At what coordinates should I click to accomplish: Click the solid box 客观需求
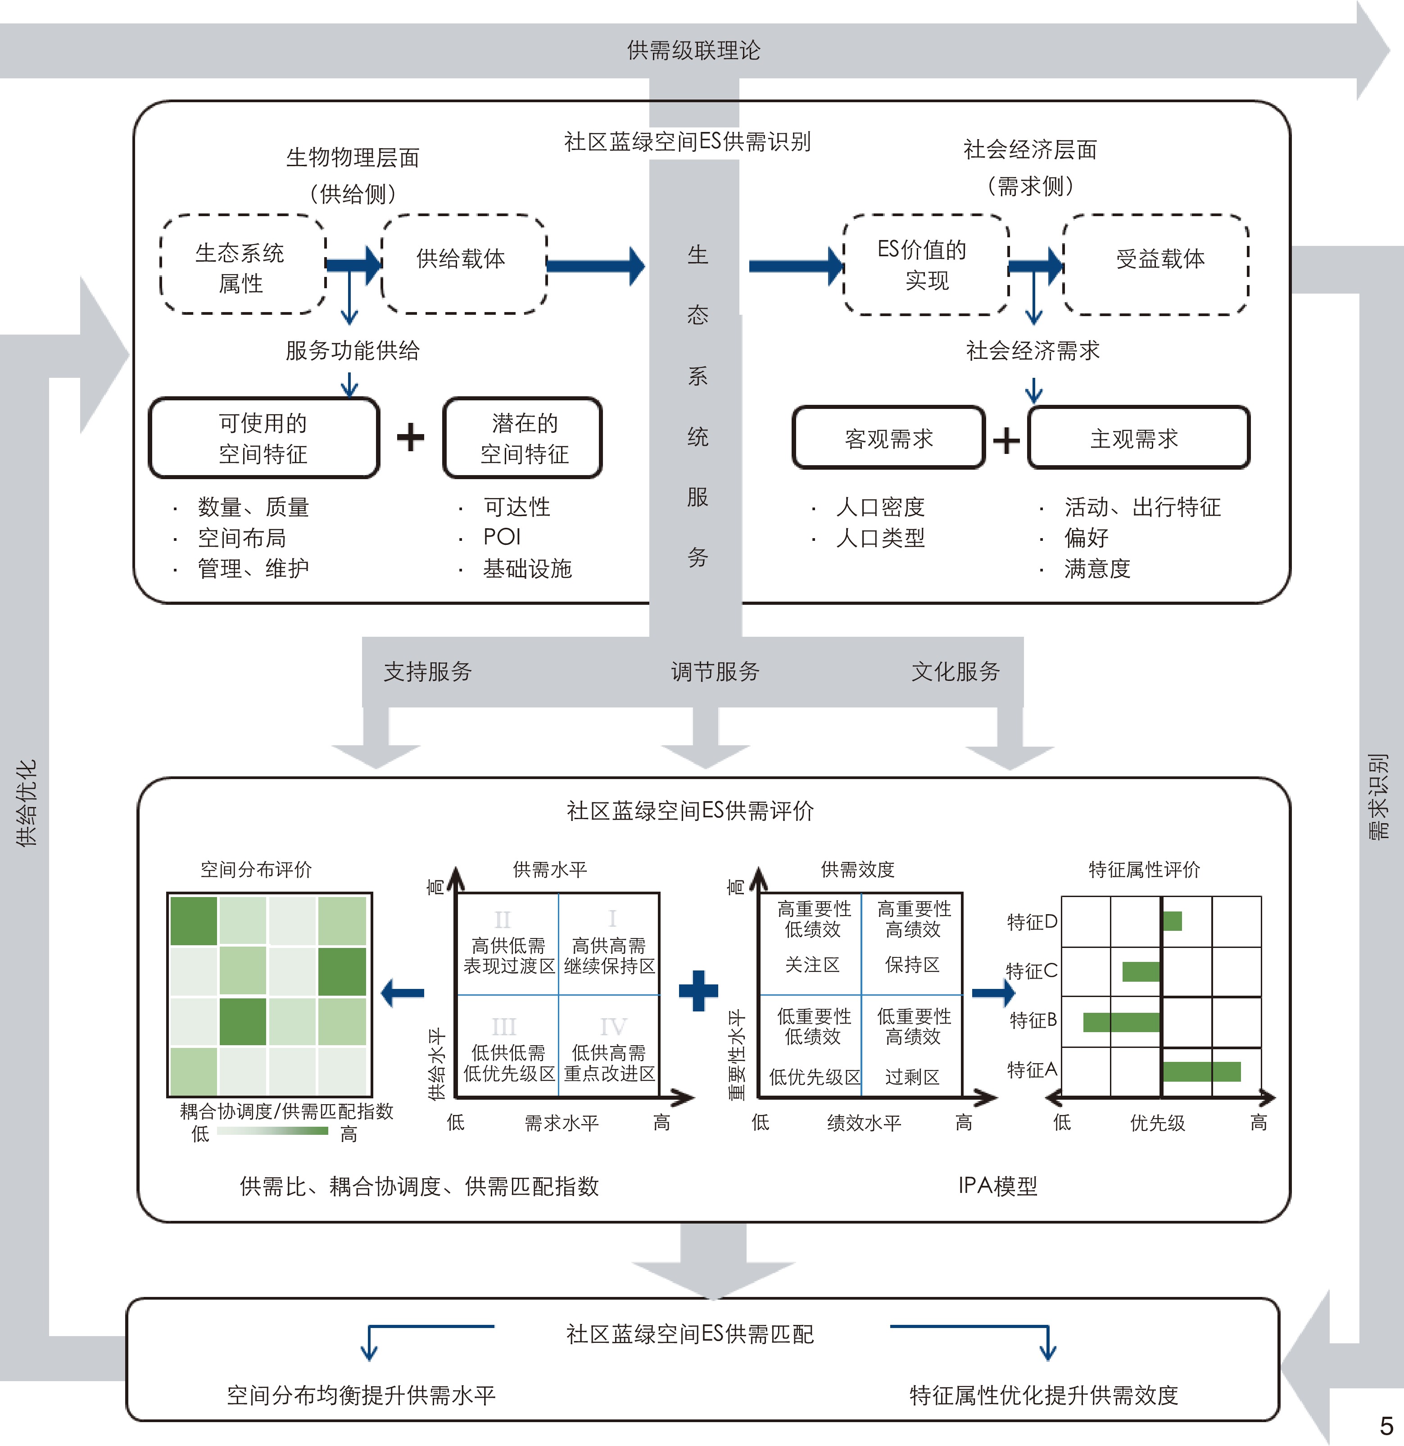coord(888,438)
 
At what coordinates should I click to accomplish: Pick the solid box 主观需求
coord(1138,438)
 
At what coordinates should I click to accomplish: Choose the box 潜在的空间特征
coord(522,438)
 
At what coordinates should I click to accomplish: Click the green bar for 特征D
coord(1173,921)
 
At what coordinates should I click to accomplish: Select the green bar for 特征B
coord(1121,1022)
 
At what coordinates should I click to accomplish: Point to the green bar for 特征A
coord(1201,1071)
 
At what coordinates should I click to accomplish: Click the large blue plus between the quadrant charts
coord(698,990)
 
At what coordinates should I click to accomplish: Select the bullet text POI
coord(502,537)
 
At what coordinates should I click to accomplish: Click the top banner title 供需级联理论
coord(693,50)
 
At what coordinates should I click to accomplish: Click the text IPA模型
coord(997,1186)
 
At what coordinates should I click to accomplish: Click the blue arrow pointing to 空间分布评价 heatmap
coord(403,993)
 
